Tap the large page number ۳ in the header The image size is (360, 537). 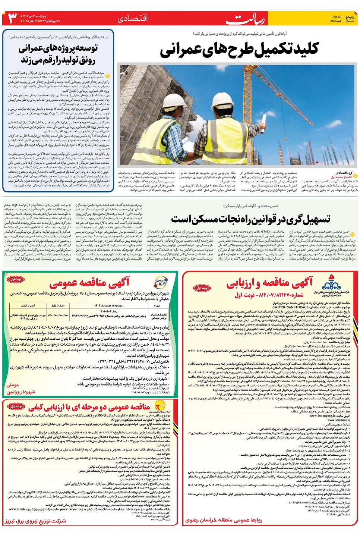13,18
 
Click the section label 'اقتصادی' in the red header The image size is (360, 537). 133,19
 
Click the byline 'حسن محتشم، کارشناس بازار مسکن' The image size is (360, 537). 251,206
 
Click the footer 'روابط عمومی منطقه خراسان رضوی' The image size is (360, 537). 224,520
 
